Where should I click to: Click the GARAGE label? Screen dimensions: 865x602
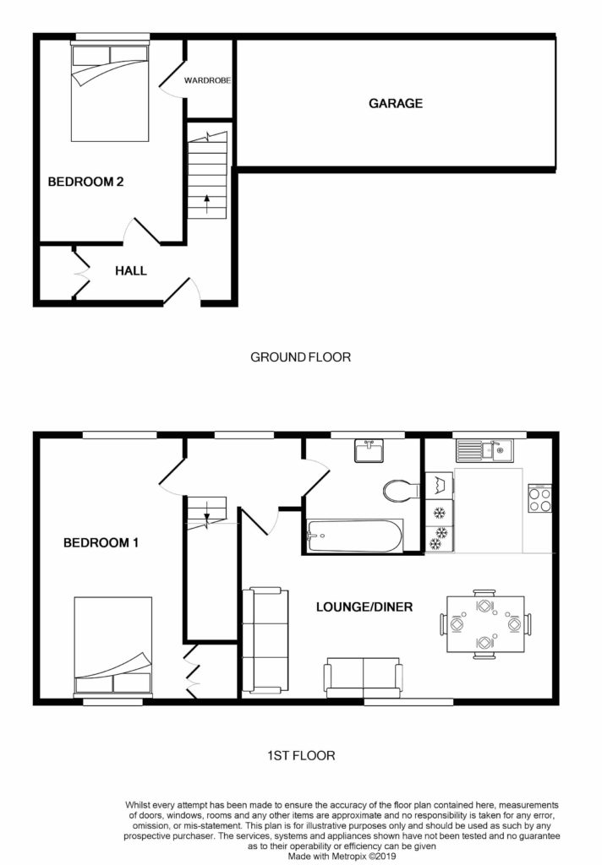click(395, 104)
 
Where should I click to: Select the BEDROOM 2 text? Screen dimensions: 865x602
click(86, 181)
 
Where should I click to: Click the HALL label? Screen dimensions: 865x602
click(131, 271)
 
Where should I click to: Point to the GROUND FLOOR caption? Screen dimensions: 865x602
click(300, 357)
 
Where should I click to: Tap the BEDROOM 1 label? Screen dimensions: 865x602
click(101, 543)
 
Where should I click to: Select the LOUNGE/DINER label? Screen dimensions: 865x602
click(364, 607)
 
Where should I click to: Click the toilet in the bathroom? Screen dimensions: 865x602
click(400, 491)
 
